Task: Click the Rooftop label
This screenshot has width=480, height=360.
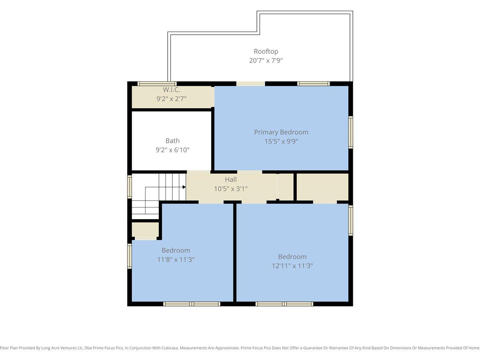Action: pyautogui.click(x=266, y=51)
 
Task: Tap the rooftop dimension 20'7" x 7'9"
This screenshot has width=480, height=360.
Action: pyautogui.click(x=266, y=60)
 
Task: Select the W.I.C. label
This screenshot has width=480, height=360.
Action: pyautogui.click(x=171, y=90)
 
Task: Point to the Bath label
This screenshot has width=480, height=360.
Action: pyautogui.click(x=172, y=140)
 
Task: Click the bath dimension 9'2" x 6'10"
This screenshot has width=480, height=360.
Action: pyautogui.click(x=172, y=150)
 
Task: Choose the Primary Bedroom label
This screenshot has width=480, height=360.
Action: pyautogui.click(x=281, y=132)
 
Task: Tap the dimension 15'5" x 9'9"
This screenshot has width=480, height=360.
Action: pyautogui.click(x=281, y=142)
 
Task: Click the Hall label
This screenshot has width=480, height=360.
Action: pyautogui.click(x=231, y=180)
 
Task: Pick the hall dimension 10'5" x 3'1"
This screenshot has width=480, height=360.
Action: pyautogui.click(x=231, y=189)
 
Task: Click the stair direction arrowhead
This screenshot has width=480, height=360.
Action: pyautogui.click(x=184, y=187)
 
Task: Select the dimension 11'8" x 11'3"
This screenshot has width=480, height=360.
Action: pyautogui.click(x=176, y=260)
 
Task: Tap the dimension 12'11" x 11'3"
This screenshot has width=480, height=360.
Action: pyautogui.click(x=292, y=266)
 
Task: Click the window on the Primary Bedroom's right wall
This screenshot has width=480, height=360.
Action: pyautogui.click(x=350, y=132)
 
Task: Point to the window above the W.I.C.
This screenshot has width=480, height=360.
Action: pyautogui.click(x=157, y=84)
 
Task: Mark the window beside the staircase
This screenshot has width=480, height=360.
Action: pyautogui.click(x=130, y=187)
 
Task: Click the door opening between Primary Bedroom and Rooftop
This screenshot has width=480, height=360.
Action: pyautogui.click(x=251, y=84)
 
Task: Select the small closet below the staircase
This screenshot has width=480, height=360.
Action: pyautogui.click(x=145, y=230)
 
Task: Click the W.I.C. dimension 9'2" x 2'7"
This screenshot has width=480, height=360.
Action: pyautogui.click(x=171, y=99)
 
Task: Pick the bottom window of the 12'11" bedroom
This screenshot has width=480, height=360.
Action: pyautogui.click(x=284, y=304)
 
